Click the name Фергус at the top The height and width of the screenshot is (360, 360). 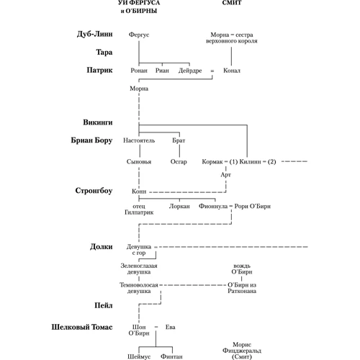point(139,35)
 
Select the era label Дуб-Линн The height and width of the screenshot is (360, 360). point(94,34)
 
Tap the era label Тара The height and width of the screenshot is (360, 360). point(104,52)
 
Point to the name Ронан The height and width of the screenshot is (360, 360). point(139,71)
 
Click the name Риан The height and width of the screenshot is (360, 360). point(162,71)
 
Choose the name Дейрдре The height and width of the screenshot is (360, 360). point(190,71)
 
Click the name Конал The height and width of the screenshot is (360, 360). point(232,71)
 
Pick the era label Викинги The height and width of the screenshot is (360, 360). point(98,122)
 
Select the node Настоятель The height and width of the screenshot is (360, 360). point(139,140)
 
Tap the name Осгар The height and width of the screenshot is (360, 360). point(179,162)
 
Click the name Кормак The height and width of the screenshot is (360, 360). point(212,162)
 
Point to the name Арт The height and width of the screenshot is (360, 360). point(225,175)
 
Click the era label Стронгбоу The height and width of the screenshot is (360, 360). point(94,191)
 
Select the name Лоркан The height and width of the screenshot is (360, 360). point(179,207)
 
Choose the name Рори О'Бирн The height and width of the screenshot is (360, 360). point(253,207)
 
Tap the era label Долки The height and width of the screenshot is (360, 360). point(102,247)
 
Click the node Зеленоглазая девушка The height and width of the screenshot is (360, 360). point(139,269)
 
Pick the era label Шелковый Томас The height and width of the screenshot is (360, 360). point(82,327)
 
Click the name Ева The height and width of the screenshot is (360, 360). point(170,327)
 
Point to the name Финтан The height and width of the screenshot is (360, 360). point(171,356)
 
